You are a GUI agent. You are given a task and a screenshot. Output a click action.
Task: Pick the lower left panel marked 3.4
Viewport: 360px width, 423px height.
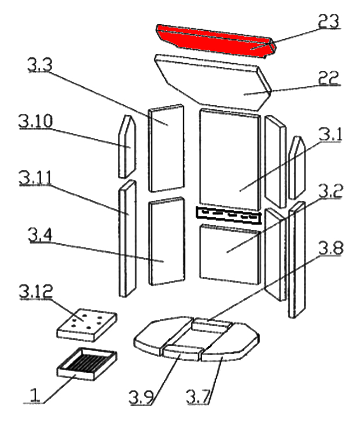(x=165, y=241)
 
